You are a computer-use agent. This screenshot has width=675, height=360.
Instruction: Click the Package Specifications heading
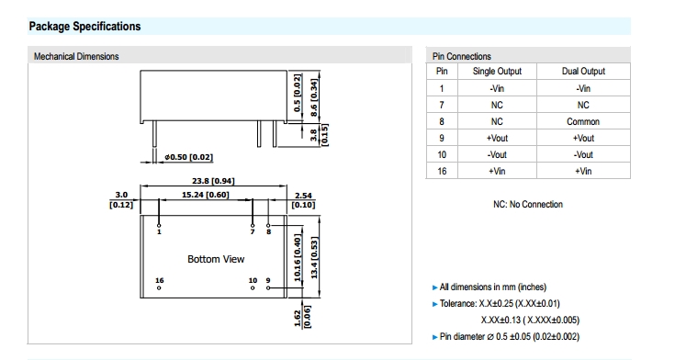84,27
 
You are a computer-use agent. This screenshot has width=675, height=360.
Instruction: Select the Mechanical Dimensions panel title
76,56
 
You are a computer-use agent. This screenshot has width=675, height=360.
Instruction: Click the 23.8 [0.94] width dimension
213,181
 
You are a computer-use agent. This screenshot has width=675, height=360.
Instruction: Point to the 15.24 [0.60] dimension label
206,195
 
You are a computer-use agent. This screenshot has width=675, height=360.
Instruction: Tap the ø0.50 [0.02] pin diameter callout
189,157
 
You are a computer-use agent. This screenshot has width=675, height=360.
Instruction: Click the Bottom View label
216,259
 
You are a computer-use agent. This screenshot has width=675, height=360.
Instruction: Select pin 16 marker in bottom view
159,287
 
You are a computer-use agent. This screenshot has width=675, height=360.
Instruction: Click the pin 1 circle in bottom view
159,226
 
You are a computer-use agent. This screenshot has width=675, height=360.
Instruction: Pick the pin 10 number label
253,280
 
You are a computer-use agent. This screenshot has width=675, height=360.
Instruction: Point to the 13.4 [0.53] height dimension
314,257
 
